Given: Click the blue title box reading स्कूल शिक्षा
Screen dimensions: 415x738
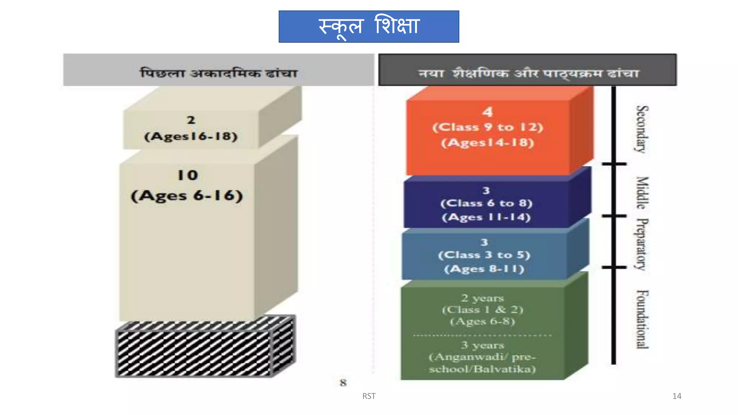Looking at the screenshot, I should click(369, 26).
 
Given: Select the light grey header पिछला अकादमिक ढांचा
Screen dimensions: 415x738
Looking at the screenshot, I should click(219, 73).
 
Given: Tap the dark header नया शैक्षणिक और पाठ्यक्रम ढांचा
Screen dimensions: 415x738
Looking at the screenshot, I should click(528, 73).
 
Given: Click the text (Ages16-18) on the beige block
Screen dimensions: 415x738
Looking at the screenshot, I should click(191, 137).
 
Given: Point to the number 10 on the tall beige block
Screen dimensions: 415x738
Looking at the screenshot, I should click(188, 175).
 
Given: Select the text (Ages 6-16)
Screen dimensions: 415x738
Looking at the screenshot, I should click(187, 196).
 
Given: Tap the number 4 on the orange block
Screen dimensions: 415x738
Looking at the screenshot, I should click(488, 112).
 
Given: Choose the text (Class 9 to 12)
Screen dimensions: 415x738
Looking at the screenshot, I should click(488, 127).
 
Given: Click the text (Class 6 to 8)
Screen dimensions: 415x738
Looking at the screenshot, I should click(486, 203).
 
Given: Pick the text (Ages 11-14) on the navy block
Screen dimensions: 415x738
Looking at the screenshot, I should click(486, 217).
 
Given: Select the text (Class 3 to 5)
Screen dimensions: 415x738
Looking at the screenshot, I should click(484, 255).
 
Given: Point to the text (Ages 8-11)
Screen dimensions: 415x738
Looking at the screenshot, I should click(484, 269).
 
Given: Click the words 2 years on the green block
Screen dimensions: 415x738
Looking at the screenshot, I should click(483, 298).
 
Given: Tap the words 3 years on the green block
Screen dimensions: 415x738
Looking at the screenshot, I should click(483, 345).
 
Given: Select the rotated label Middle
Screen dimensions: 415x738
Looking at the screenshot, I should click(642, 193).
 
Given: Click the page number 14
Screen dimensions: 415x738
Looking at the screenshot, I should click(677, 396).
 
